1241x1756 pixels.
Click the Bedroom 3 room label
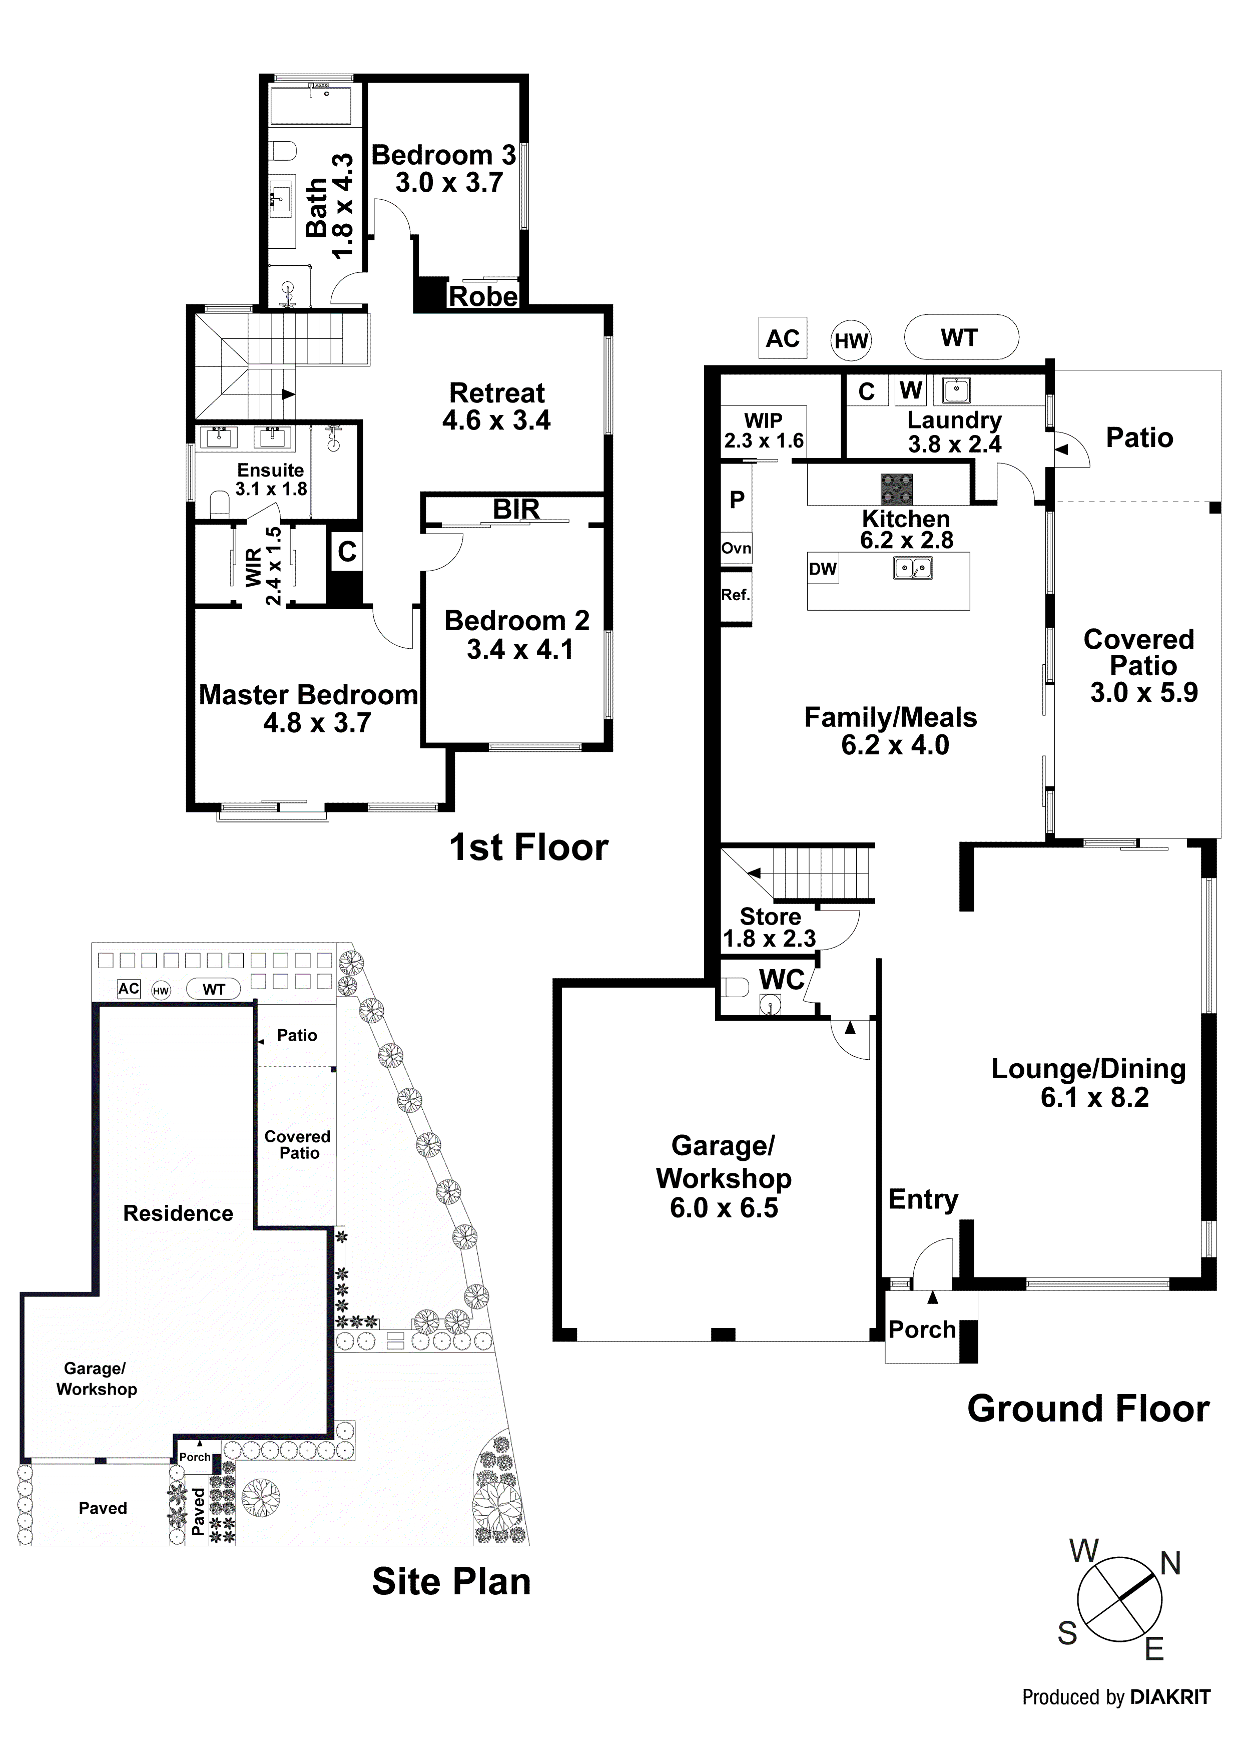click(x=443, y=156)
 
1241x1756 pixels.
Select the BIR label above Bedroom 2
click(x=516, y=510)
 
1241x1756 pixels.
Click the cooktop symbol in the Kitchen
click(x=896, y=490)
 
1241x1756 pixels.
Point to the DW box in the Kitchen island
click(x=823, y=569)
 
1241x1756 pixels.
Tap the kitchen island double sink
click(x=913, y=568)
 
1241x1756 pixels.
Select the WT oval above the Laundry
click(x=960, y=337)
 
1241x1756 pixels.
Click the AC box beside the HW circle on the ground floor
click(x=782, y=338)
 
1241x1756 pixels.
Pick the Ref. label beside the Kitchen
click(x=736, y=595)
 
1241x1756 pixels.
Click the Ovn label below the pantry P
click(x=736, y=548)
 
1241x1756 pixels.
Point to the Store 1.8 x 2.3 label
click(x=770, y=928)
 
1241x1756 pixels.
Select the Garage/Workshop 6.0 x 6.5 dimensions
click(x=724, y=1208)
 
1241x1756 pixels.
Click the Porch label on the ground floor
click(x=922, y=1330)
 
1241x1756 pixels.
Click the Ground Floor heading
click(x=1088, y=1409)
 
